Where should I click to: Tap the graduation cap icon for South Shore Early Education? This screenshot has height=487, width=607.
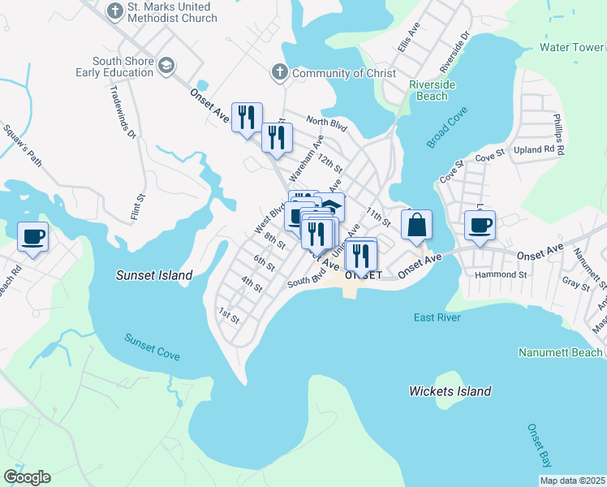[167, 66]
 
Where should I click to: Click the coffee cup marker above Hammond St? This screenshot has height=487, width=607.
[480, 225]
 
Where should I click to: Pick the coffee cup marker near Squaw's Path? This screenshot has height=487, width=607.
[33, 237]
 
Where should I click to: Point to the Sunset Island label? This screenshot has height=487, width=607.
[154, 275]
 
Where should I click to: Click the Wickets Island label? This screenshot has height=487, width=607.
[450, 391]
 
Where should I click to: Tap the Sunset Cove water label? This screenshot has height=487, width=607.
[152, 347]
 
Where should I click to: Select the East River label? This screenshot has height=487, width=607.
[437, 317]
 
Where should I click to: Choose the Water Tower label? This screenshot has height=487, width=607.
[572, 47]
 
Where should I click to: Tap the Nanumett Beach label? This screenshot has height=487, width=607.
[561, 352]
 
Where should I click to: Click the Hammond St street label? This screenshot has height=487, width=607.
[502, 274]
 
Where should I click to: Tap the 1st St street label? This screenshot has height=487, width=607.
[229, 314]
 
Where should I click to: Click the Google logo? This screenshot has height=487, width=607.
[27, 477]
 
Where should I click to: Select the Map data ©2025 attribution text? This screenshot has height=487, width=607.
[572, 481]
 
